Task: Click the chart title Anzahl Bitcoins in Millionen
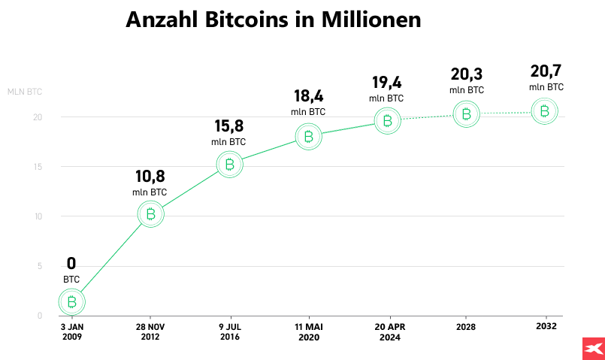274,20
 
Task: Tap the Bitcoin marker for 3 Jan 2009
71,302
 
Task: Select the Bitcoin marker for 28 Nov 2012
150,214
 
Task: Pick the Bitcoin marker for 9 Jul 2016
229,165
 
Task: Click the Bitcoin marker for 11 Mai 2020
308,136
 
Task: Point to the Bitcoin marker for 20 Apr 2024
387,120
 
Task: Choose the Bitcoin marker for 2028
466,114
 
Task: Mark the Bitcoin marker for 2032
545,111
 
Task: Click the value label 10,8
150,177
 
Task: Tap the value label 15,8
228,126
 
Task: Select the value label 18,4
307,96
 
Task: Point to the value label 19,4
386,83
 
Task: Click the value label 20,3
466,74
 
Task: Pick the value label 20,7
546,71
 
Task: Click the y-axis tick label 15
37,167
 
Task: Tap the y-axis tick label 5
39,266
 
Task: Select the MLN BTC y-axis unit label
24,92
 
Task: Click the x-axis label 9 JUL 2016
229,332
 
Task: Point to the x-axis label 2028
466,328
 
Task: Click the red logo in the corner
593,349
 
